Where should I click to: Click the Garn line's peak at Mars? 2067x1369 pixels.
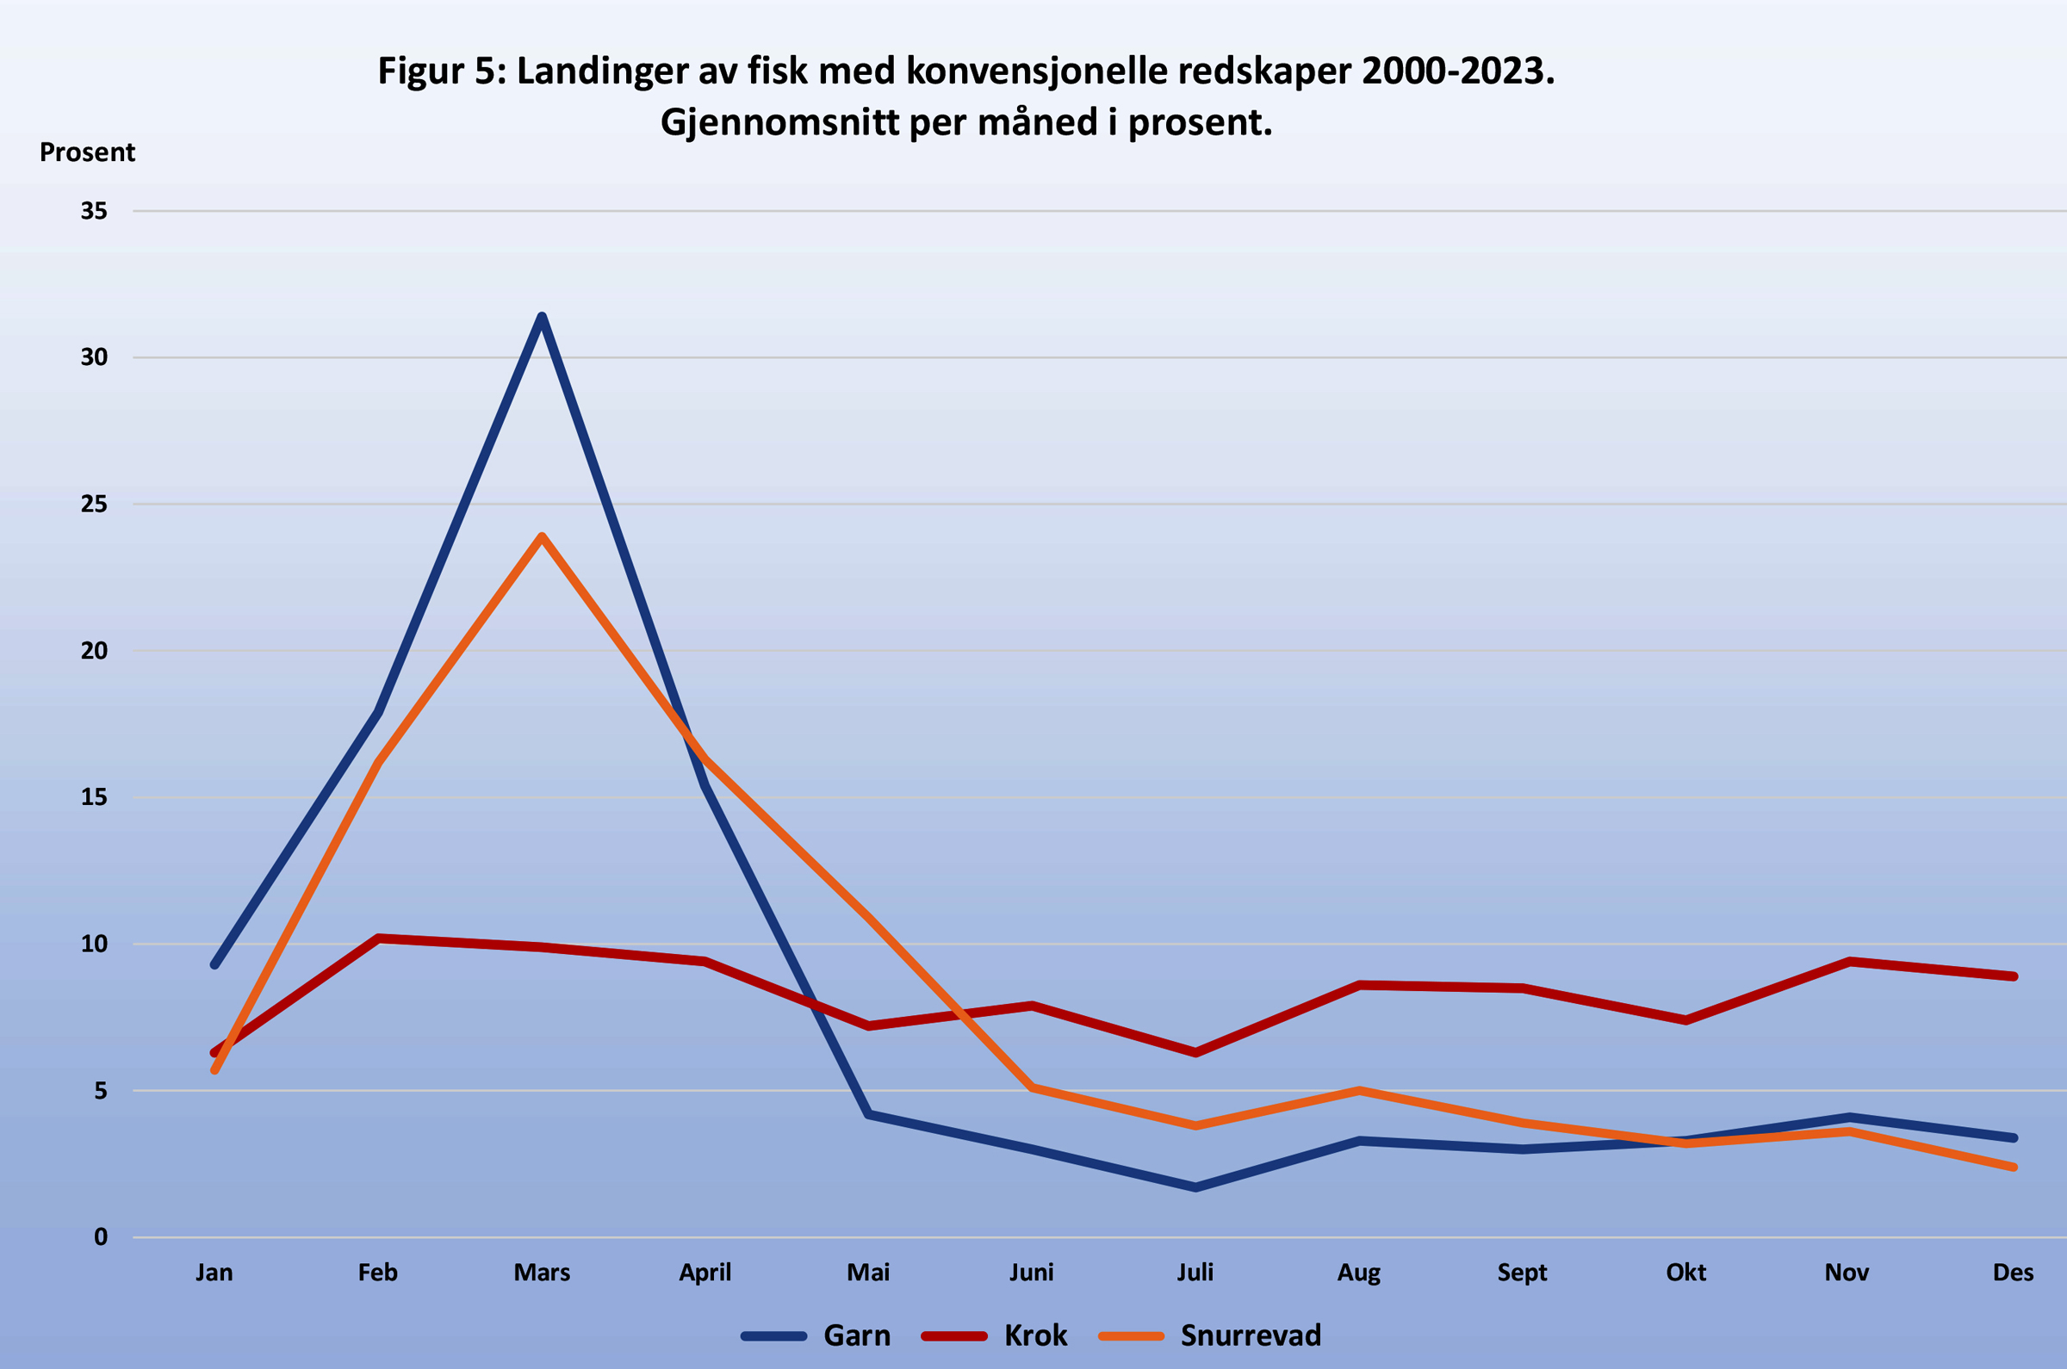pos(542,317)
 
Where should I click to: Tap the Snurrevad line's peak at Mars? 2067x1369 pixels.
pos(542,537)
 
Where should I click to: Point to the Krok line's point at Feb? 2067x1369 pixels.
pos(378,938)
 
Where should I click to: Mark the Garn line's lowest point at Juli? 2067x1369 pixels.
pos(1195,1187)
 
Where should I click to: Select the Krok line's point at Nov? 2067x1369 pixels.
pos(1849,961)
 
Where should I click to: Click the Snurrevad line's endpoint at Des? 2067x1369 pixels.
pos(2013,1168)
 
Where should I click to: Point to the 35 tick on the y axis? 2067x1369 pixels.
pos(95,210)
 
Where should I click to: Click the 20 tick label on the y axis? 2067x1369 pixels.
pos(95,650)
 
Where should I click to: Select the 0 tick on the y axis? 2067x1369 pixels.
pos(102,1236)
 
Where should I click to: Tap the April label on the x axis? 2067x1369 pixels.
pos(705,1272)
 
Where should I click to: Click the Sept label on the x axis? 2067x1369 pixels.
pos(1522,1272)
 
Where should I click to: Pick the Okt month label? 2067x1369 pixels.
pos(1685,1272)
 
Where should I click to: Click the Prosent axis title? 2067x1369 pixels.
pos(87,152)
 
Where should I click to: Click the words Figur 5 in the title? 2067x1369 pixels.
pos(437,71)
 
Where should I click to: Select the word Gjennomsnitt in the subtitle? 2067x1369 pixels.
pos(779,122)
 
